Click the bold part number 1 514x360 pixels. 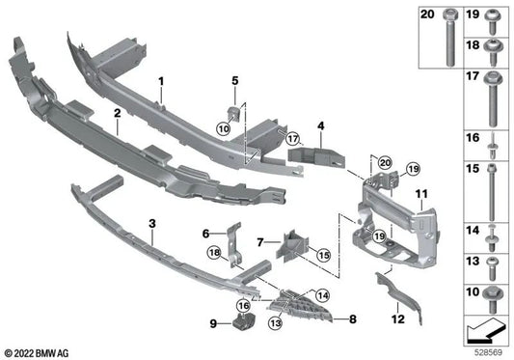162,80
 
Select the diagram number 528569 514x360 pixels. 492,349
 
